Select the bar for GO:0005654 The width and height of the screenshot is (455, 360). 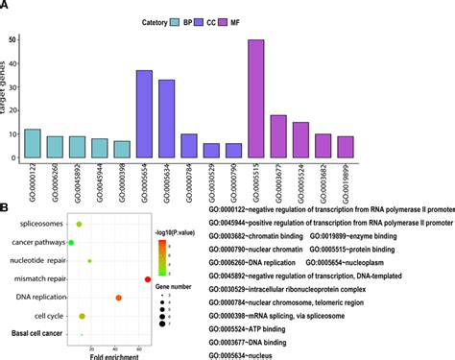tap(144, 114)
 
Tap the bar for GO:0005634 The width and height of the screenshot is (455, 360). tap(166, 119)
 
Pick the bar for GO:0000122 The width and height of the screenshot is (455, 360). tap(33, 143)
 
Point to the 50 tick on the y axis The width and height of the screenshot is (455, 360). tap(11, 39)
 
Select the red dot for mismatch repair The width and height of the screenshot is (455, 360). tap(148, 279)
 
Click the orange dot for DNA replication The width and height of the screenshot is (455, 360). tap(118, 298)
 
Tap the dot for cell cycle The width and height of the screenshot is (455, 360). tap(83, 316)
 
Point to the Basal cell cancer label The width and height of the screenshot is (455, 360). tap(37, 333)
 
